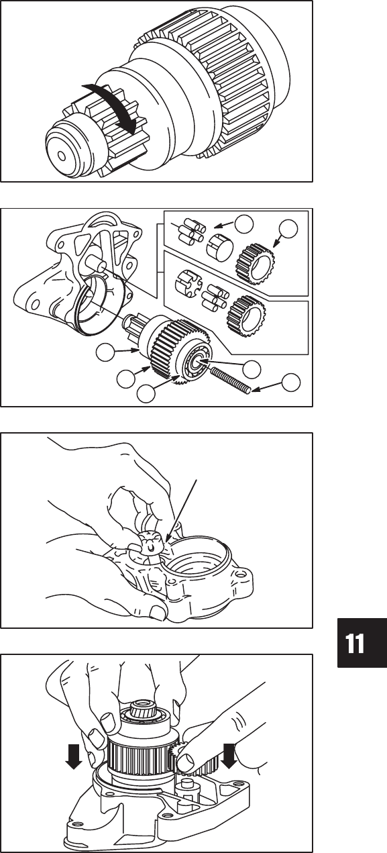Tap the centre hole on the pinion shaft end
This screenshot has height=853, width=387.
[62, 155]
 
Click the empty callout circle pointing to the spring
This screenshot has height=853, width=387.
[290, 383]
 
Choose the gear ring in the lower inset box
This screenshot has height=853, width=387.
[247, 315]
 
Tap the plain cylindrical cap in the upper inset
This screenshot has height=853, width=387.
[219, 247]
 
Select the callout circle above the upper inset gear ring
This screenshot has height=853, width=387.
[288, 229]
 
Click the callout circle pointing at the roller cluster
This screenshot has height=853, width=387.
[244, 223]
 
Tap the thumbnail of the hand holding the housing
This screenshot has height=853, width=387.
[156, 608]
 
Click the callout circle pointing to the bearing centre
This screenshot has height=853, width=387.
[252, 368]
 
